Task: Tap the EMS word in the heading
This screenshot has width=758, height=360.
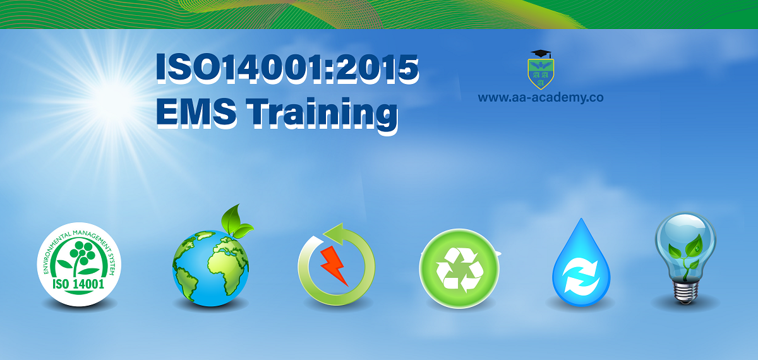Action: click(196, 112)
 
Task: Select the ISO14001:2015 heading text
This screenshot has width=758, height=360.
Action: click(287, 68)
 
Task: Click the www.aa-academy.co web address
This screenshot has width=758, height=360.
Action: click(541, 97)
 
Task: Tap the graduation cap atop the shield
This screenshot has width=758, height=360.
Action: click(541, 54)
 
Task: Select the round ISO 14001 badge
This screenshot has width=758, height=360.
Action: click(79, 264)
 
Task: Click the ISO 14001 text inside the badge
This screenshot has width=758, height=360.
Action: click(78, 284)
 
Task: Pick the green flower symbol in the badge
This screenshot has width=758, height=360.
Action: click(80, 257)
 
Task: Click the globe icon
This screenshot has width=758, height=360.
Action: click(210, 268)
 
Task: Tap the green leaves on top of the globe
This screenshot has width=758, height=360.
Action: click(236, 221)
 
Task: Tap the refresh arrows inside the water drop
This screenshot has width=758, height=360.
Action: click(581, 275)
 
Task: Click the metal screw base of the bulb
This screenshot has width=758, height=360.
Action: click(685, 292)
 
